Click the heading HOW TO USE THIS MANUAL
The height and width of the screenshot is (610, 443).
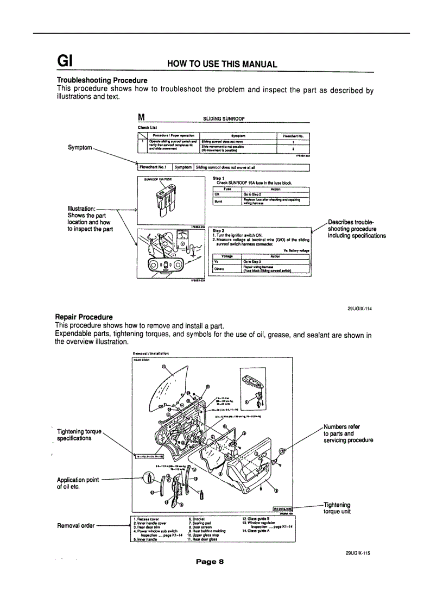(x=222, y=64)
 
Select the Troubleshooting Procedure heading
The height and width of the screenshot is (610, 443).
(x=102, y=80)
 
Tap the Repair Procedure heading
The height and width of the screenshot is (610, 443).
(x=84, y=317)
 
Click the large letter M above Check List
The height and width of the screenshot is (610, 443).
(x=142, y=116)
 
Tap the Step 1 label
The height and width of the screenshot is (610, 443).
(x=219, y=178)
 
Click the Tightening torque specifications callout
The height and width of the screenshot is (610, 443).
(x=79, y=435)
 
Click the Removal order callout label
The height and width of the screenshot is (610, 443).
(x=75, y=525)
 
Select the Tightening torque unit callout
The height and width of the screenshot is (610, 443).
(x=337, y=508)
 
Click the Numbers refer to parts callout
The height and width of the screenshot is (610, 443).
(x=348, y=433)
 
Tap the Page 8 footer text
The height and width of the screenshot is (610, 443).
(x=210, y=562)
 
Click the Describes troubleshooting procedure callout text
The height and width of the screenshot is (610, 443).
(x=357, y=229)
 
